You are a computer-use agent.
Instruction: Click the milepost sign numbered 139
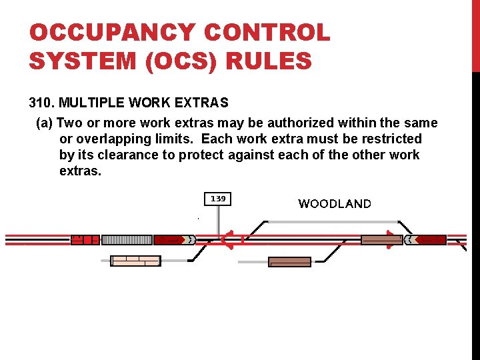click(x=218, y=199)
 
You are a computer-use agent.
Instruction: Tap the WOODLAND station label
click(x=335, y=204)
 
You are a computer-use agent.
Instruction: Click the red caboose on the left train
click(x=85, y=239)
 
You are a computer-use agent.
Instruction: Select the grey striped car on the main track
click(x=127, y=239)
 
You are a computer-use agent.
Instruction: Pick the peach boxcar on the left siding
click(x=135, y=261)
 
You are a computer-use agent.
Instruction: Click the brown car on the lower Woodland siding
click(x=289, y=262)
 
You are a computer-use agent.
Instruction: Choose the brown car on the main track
click(x=382, y=239)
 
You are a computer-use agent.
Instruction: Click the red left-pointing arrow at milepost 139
click(x=227, y=239)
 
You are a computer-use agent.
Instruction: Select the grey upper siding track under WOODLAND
click(x=333, y=221)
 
